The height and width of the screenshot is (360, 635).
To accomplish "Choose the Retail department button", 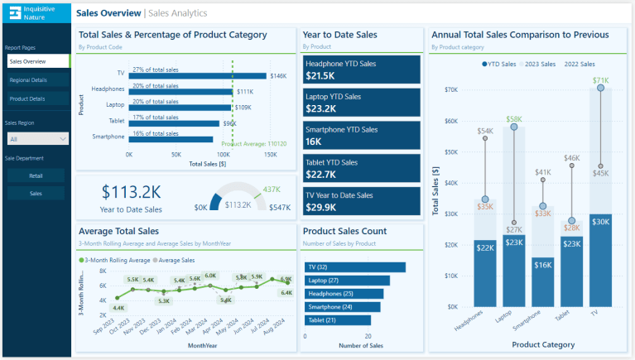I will pyautogui.click(x=36, y=175).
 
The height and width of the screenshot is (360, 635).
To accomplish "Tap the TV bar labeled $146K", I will pyautogui.click(x=197, y=76).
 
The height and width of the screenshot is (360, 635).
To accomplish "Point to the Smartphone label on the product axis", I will pyautogui.click(x=108, y=137).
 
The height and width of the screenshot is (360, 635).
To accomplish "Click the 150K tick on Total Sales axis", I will pyautogui.click(x=270, y=155).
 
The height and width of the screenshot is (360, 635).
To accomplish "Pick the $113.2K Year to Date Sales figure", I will pyautogui.click(x=132, y=192).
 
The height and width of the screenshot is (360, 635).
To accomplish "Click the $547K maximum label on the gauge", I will pyautogui.click(x=277, y=208).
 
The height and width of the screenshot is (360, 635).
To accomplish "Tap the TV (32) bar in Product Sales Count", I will pyautogui.click(x=355, y=267).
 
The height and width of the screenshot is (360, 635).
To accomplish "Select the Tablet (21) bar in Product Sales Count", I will pyautogui.click(x=341, y=320).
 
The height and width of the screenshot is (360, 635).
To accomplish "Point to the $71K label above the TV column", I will pyautogui.click(x=600, y=80).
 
